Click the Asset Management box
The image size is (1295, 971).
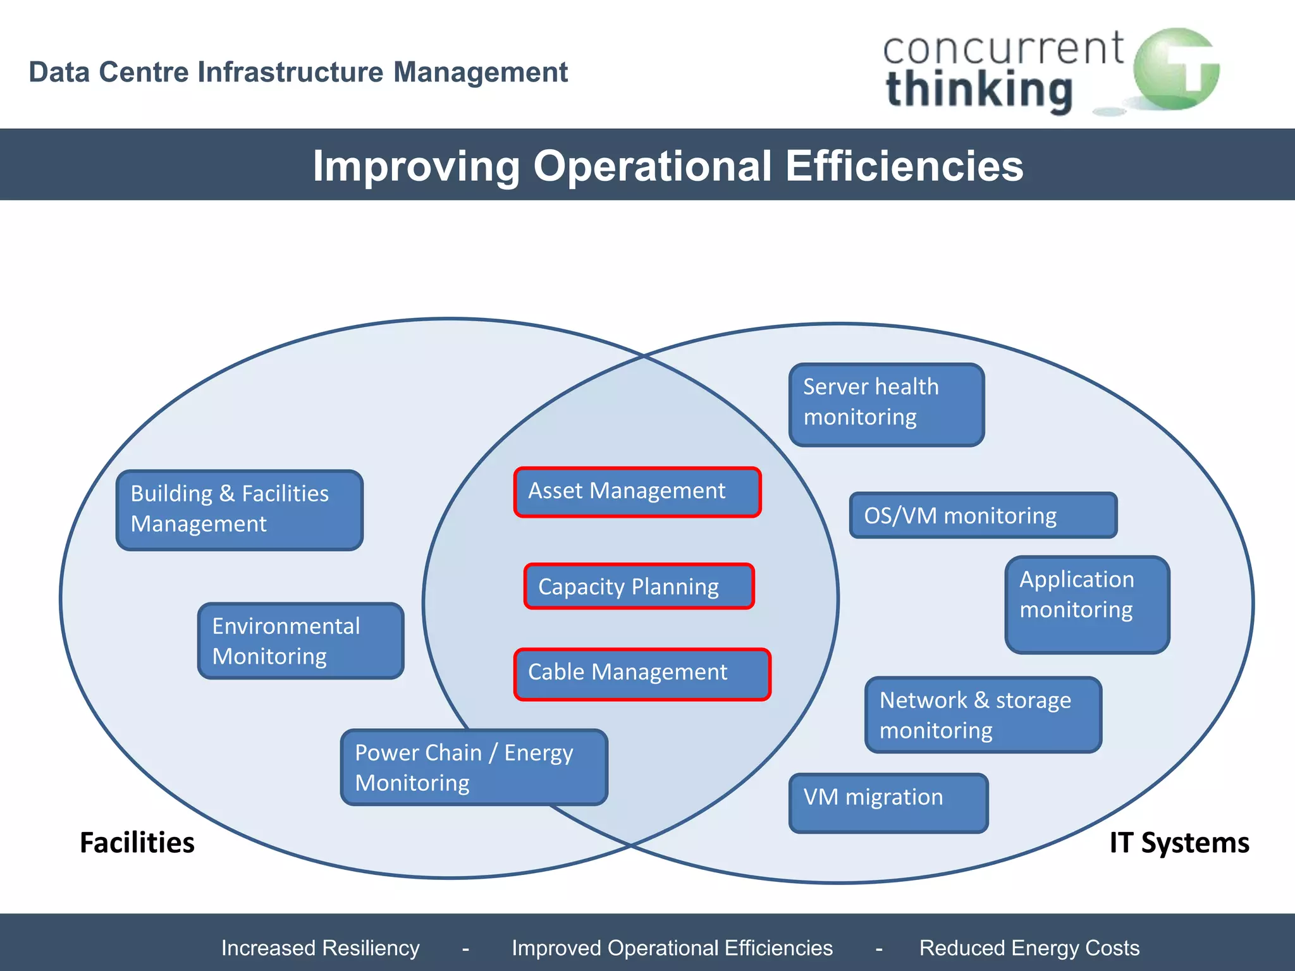pos(637,492)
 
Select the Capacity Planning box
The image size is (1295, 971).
pos(639,586)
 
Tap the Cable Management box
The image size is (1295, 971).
pos(642,674)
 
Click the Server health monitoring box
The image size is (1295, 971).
pos(886,404)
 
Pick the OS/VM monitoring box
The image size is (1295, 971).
pos(983,515)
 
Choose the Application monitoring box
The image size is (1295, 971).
pos(1086,604)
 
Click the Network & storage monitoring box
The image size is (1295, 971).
pos(983,714)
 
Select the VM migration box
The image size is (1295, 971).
pos(888,802)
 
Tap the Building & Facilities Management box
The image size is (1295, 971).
pos(240,510)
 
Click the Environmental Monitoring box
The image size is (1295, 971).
pos(300,640)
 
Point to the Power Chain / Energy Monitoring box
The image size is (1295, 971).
pos(474,767)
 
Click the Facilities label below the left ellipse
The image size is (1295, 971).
pos(137,843)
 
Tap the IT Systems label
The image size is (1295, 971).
pos(1179,843)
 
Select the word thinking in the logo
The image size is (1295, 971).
pos(979,90)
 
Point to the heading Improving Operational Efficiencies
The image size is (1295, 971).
pos(668,166)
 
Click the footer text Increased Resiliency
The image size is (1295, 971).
pos(320,948)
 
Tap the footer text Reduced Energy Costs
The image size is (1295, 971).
pos(1029,948)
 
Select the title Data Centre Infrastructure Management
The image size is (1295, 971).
pos(298,72)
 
